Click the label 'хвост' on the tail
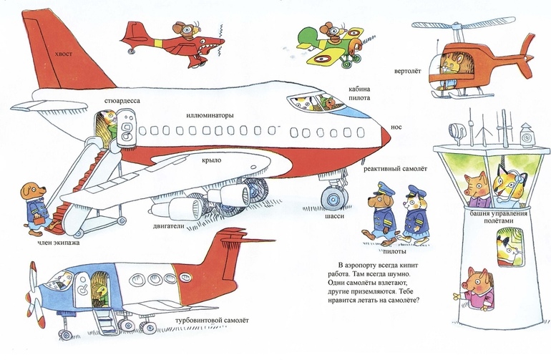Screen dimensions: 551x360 [63, 54]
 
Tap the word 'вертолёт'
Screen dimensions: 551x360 [407, 71]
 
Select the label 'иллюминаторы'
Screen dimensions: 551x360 [210, 115]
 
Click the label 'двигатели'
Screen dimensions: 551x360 [168, 226]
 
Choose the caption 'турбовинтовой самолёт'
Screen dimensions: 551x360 [212, 320]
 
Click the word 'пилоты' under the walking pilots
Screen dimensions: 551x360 [394, 251]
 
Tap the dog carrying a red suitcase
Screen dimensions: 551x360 [34, 209]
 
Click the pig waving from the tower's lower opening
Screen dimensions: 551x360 [475, 288]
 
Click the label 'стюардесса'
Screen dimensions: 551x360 [122, 101]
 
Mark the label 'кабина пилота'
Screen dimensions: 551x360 [359, 94]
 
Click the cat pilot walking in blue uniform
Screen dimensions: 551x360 [414, 215]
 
